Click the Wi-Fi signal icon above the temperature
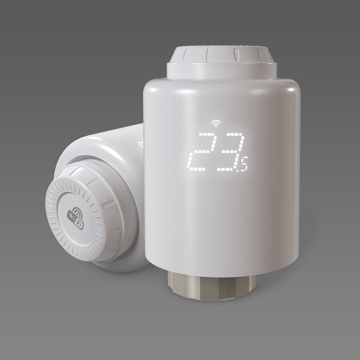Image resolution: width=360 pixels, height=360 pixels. (216, 124)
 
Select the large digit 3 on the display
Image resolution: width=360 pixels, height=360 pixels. (231, 152)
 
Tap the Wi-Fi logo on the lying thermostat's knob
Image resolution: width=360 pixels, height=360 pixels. (76, 218)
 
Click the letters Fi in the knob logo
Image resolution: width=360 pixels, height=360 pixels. (79, 223)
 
